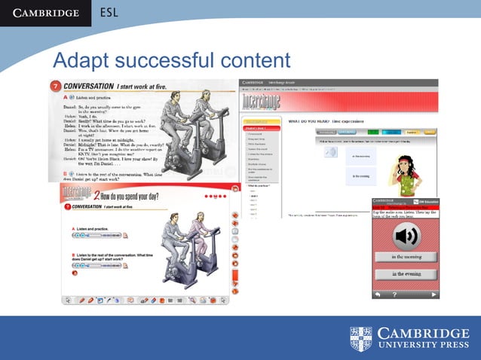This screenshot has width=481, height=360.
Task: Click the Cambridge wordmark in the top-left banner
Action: click(44, 13)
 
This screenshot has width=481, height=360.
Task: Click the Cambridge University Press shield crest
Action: click(361, 339)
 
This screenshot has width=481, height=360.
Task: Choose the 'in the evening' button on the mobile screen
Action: click(406, 274)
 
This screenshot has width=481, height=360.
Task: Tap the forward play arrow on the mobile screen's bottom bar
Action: click(433, 294)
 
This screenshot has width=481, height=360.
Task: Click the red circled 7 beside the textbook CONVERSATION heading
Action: click(54, 87)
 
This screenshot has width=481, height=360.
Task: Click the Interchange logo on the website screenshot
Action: click(260, 102)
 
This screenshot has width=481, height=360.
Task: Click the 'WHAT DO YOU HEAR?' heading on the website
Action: click(305, 121)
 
